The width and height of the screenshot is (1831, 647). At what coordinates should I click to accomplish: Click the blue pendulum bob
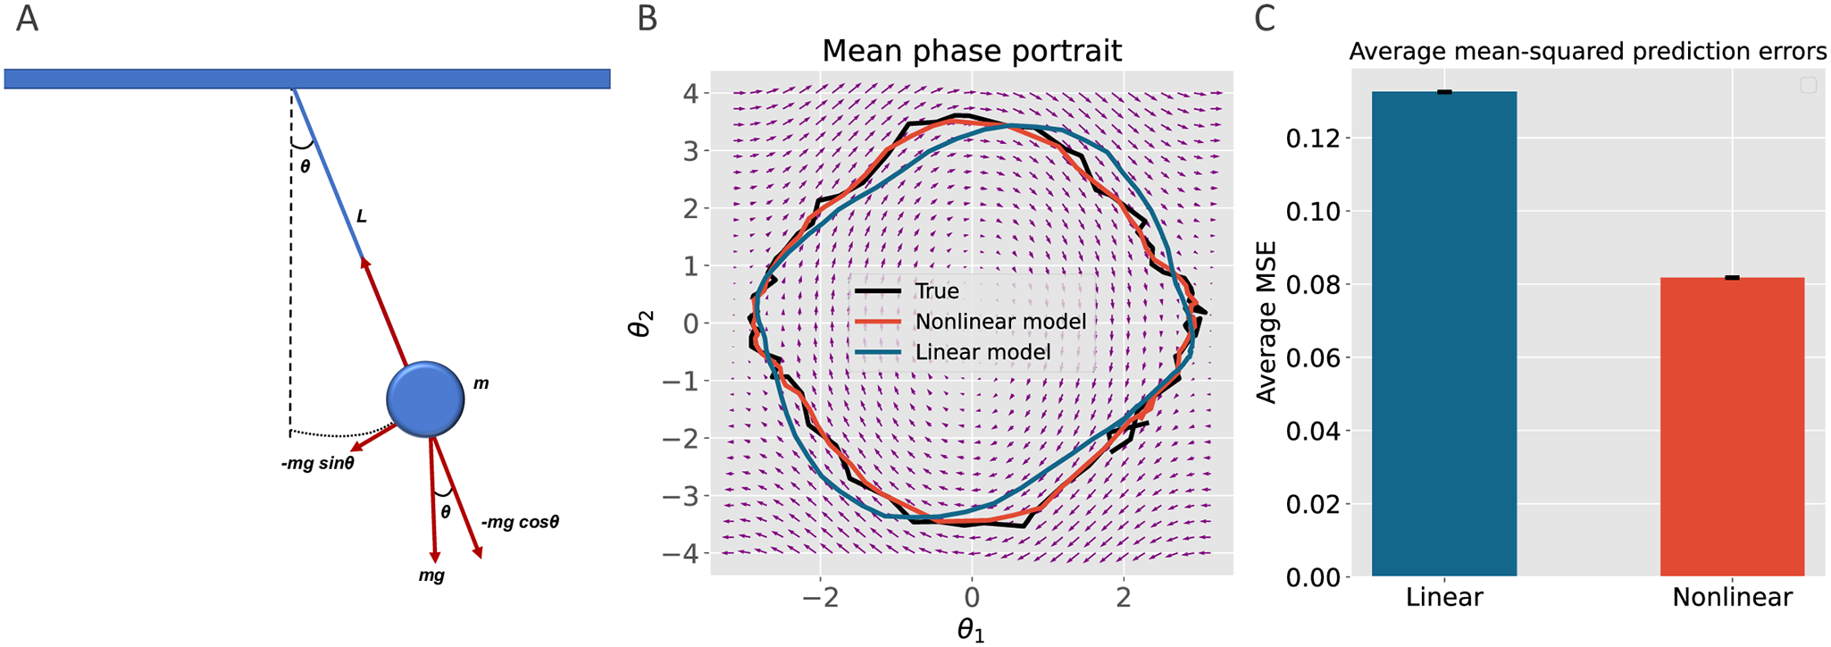click(425, 399)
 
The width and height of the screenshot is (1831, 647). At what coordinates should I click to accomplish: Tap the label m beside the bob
click(481, 383)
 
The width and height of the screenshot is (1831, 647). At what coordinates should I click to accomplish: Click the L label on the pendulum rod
click(361, 216)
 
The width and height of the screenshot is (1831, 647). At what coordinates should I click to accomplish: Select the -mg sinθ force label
click(317, 464)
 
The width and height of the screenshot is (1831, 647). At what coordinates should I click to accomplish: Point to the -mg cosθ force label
click(520, 522)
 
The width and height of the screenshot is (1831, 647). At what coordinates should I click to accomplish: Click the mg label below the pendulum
click(431, 576)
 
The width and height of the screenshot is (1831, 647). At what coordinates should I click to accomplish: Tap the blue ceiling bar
click(306, 79)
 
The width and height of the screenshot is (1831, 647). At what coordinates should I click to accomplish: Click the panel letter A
click(27, 19)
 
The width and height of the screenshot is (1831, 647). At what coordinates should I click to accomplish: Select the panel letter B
click(647, 19)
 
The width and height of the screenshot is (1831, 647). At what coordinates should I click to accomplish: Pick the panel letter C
click(1265, 19)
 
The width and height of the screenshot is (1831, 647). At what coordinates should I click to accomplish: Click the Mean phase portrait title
click(971, 51)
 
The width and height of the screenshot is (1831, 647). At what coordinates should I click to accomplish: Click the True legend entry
click(936, 291)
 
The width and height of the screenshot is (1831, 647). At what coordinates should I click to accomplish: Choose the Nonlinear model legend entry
click(1000, 322)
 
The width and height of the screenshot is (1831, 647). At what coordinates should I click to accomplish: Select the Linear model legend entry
click(982, 352)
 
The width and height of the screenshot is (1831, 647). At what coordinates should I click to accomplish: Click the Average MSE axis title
click(1267, 322)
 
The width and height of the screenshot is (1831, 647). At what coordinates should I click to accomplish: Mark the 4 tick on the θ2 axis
click(690, 93)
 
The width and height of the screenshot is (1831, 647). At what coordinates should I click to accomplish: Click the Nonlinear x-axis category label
click(1731, 597)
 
